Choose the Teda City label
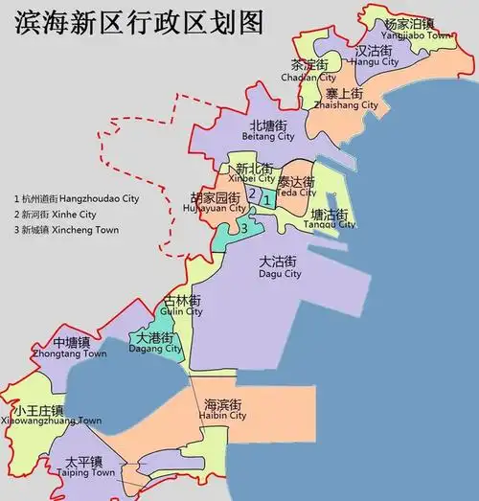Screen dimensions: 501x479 click(x=296, y=186)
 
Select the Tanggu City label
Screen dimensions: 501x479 click(x=332, y=219)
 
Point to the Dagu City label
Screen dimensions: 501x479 click(x=280, y=267)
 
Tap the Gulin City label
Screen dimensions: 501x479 click(x=182, y=306)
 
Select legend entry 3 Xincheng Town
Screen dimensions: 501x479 click(x=66, y=230)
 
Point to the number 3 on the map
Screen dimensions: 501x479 click(x=244, y=228)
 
